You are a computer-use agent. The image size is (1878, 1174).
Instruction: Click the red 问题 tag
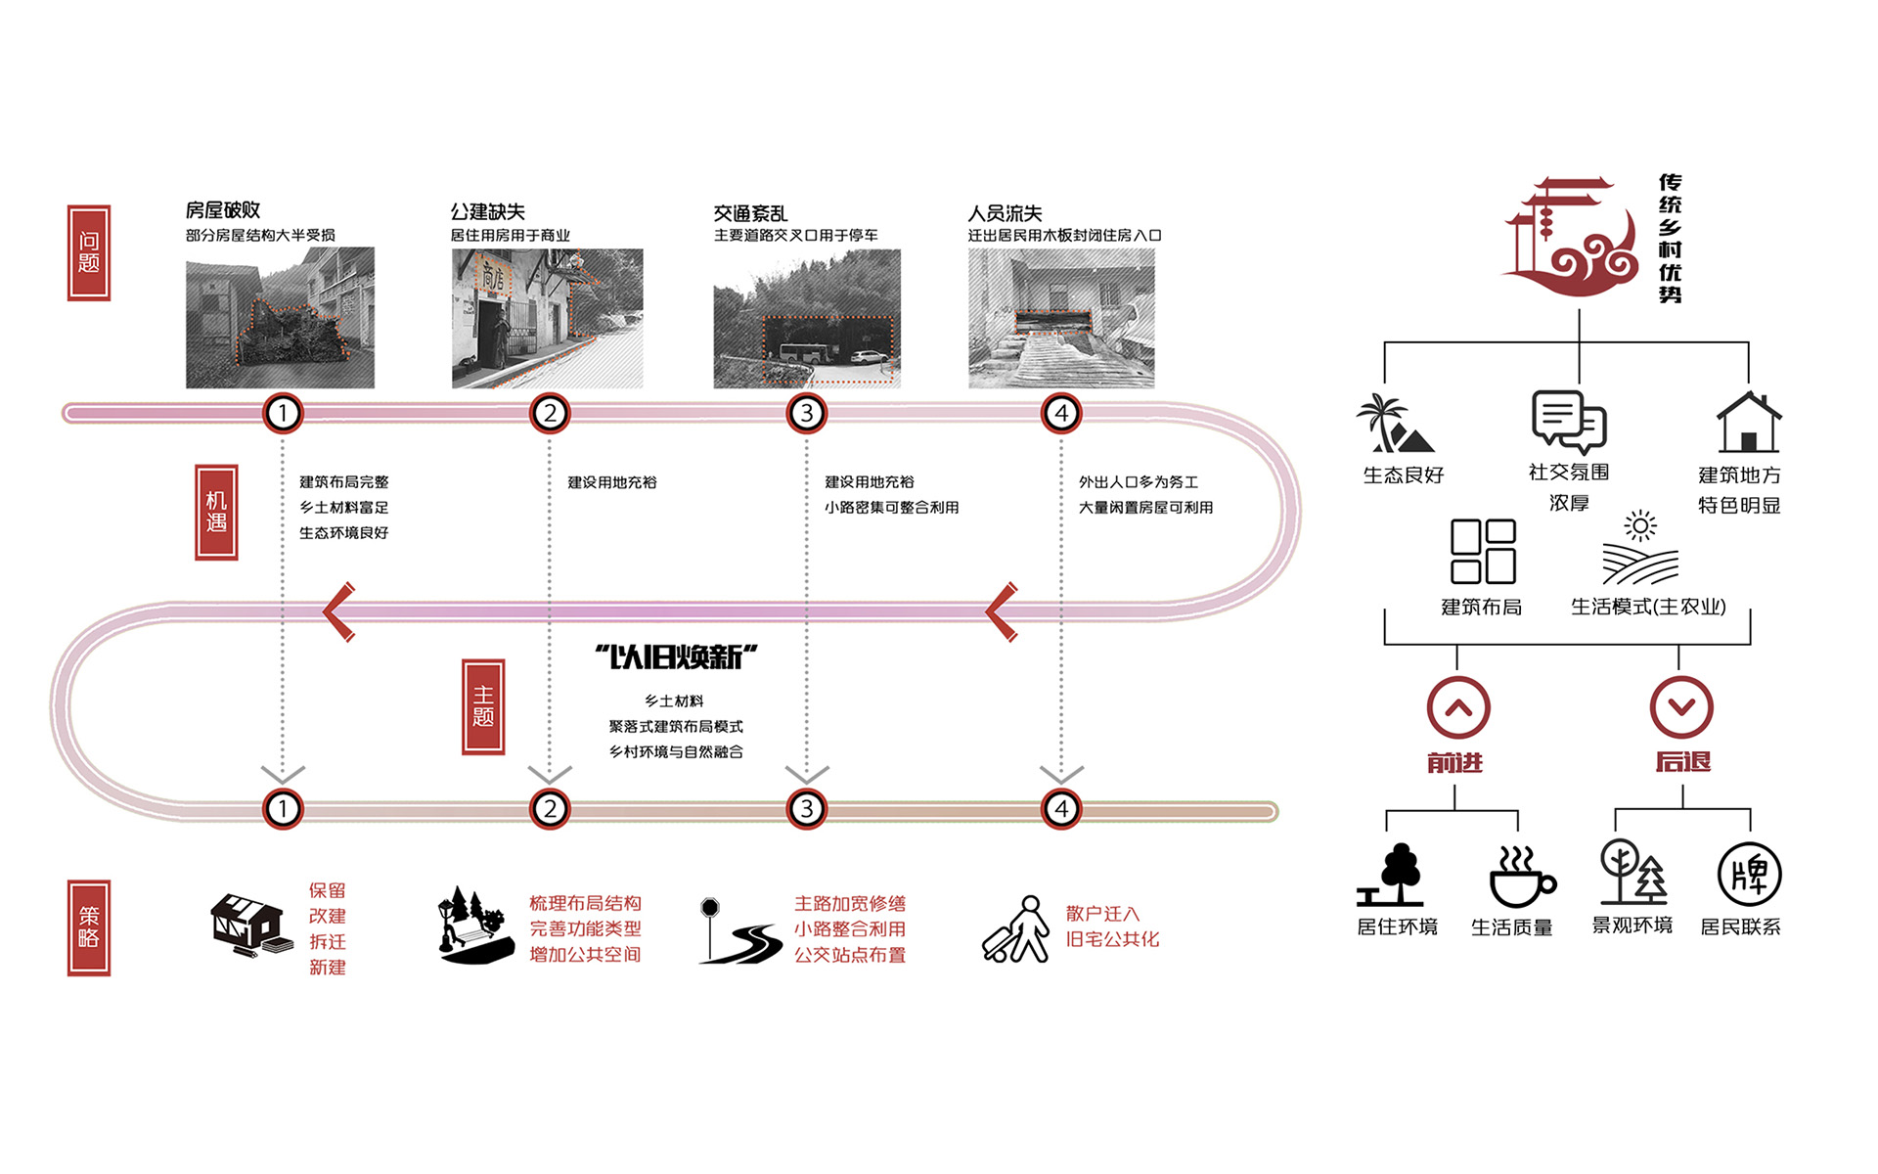pos(89,252)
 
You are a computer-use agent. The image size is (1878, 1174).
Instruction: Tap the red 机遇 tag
pos(216,512)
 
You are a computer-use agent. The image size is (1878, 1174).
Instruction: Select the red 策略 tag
pos(89,927)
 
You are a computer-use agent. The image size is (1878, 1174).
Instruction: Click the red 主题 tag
pos(483,706)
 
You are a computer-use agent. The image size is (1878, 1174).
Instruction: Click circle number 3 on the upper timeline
pos(807,413)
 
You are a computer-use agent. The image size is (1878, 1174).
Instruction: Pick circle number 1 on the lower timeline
pos(283,809)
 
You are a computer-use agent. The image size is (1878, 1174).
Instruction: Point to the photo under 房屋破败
pos(280,318)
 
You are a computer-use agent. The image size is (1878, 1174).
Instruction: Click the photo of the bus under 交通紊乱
pos(807,319)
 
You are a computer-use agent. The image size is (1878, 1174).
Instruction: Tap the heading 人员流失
pos(1005,213)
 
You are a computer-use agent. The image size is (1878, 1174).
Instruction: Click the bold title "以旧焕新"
pos(676,656)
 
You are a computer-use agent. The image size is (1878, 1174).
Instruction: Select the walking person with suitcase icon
pos(1016,929)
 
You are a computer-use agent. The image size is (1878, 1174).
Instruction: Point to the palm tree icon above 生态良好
pos(1395,423)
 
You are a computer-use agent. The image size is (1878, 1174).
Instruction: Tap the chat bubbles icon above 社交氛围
pos(1569,421)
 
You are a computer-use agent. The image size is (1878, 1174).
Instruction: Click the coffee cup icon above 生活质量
pos(1522,877)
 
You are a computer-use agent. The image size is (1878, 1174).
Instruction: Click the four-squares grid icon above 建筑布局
pos(1483,551)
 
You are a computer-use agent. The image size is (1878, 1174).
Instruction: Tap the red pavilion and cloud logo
pos(1571,236)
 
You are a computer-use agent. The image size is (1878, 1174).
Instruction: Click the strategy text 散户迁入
pos(1102,914)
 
